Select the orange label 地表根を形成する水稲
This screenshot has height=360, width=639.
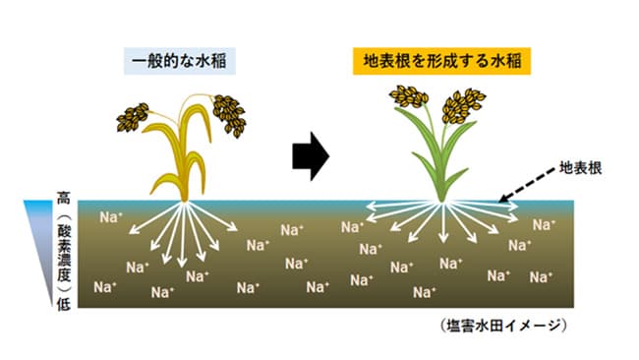point(441,61)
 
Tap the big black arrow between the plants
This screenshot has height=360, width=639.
point(311,157)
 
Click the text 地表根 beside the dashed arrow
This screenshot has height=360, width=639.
point(581,167)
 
